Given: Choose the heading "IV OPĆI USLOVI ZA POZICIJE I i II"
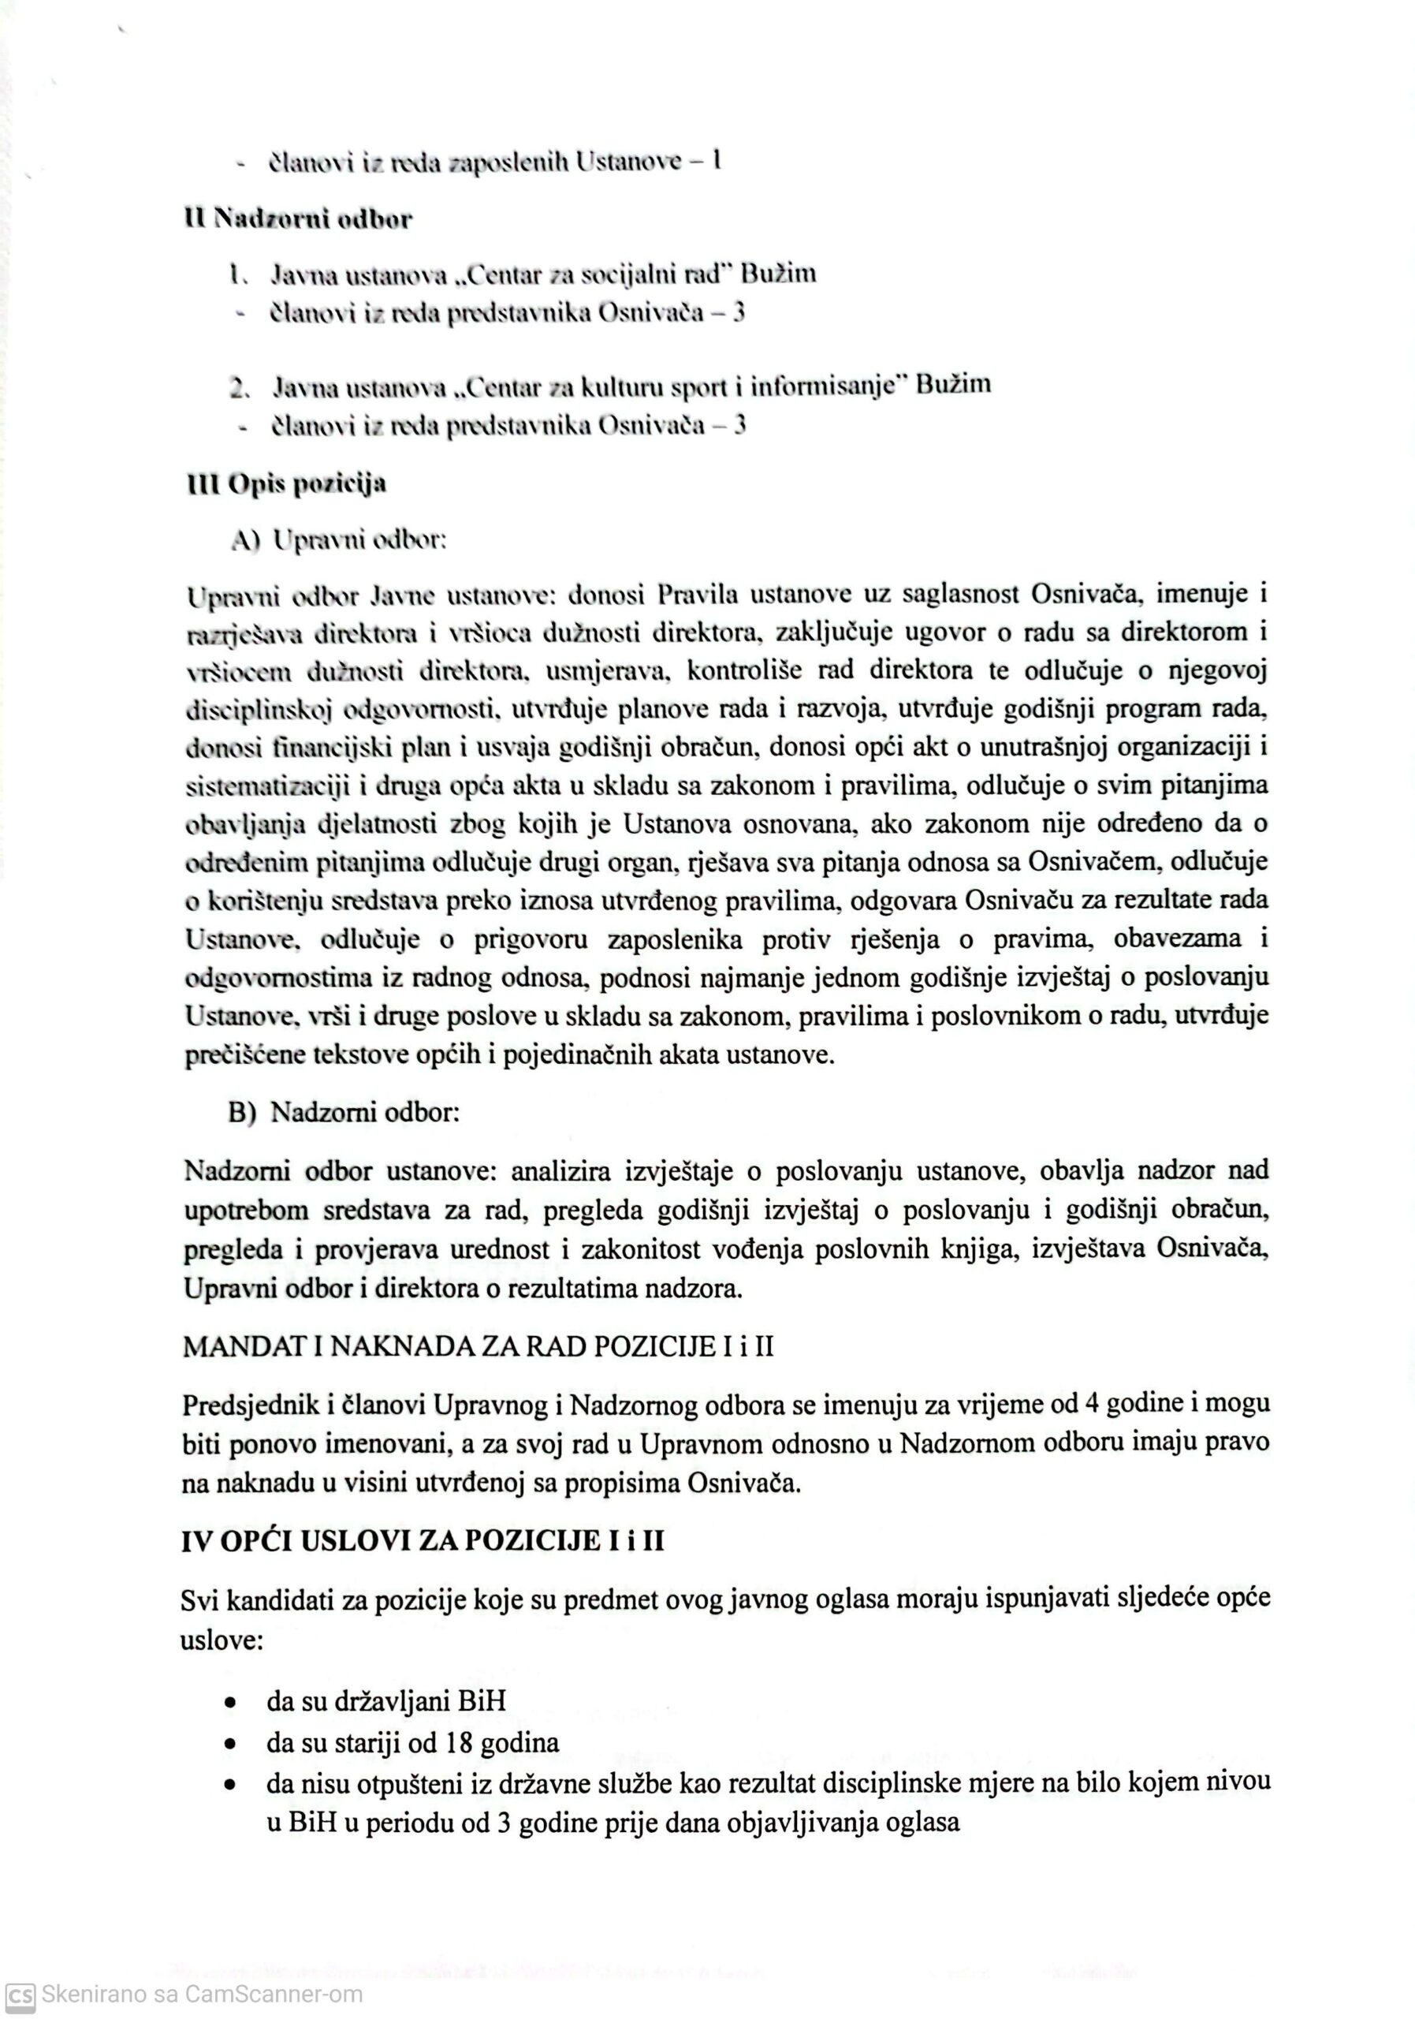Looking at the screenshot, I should point(422,1542).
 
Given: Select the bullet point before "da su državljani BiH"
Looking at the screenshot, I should point(231,1701).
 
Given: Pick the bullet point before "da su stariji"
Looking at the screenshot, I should point(231,1743).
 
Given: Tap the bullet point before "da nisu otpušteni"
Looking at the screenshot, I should point(231,1785).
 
